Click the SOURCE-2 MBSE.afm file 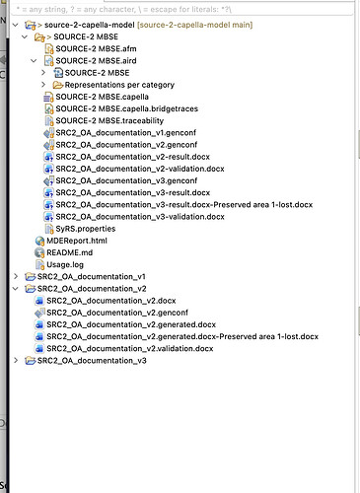click(x=96, y=49)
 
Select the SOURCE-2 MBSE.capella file click(x=102, y=97)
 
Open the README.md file click(x=69, y=252)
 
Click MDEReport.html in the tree click(x=77, y=241)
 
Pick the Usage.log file click(x=65, y=265)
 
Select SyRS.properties click(x=86, y=229)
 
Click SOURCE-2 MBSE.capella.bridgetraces click(x=127, y=108)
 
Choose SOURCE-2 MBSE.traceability click(x=109, y=121)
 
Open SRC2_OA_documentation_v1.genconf click(x=126, y=133)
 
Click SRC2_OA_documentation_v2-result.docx click(x=133, y=157)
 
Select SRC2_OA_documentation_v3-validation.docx click(x=140, y=217)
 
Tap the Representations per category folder click(x=119, y=85)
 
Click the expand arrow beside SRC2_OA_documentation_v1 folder click(x=16, y=276)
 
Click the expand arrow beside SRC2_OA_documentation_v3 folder click(x=16, y=360)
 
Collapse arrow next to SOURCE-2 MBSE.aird click(x=34, y=61)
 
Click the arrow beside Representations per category click(x=43, y=85)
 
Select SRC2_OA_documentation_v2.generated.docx click(x=131, y=324)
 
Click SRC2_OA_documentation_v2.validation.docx click(x=130, y=349)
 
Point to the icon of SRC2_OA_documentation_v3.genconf click(x=48, y=180)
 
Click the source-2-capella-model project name click(x=90, y=25)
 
